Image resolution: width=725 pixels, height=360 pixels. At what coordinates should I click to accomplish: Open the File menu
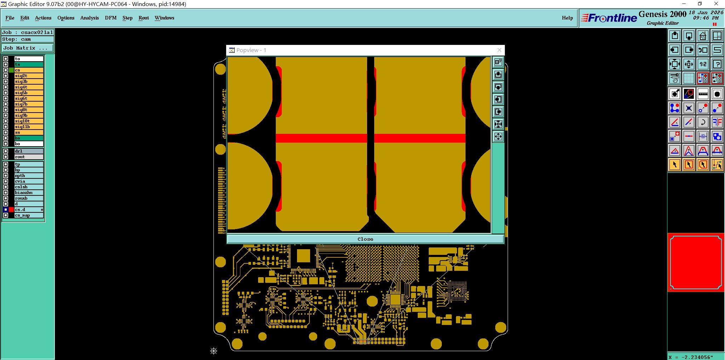coord(10,18)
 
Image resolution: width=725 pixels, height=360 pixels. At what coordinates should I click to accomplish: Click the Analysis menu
coord(90,18)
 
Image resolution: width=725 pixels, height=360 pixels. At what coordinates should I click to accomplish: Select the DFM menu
coord(111,18)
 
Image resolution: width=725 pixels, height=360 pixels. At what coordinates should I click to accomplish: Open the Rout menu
coord(144,18)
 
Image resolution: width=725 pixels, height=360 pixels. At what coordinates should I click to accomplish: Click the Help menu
coord(567,18)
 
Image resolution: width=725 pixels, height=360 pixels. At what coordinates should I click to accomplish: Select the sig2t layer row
coord(29,76)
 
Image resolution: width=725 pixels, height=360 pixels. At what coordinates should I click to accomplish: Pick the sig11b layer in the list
coord(29,127)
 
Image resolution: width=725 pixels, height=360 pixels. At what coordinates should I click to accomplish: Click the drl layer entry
coord(29,151)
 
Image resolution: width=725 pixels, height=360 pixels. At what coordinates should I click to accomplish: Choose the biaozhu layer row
coord(29,193)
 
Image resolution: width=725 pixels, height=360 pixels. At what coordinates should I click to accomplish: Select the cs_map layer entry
coord(29,215)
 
